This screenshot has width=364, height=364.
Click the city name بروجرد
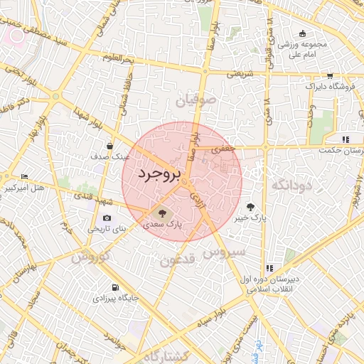coord(160,174)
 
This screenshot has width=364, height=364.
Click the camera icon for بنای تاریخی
coord(107,218)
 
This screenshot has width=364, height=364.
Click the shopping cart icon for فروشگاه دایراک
coord(330,75)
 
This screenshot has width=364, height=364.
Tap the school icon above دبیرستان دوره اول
coord(269,268)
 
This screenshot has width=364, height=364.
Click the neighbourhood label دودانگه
coord(291,185)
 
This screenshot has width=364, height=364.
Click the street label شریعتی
coord(240,73)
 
